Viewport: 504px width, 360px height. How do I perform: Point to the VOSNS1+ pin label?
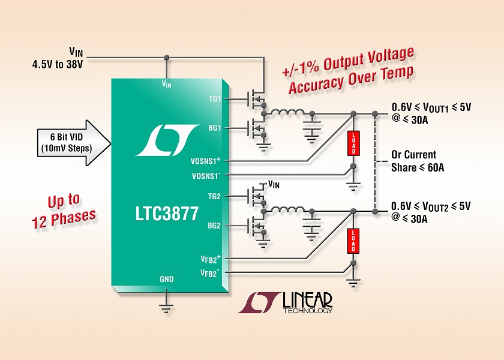coord(207,161)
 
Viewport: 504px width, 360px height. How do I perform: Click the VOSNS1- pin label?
coord(207,175)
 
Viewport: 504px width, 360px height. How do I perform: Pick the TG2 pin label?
coord(215,195)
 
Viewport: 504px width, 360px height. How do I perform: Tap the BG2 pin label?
coord(215,226)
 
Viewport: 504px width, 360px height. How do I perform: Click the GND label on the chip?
coord(167,279)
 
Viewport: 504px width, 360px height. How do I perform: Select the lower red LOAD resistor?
coord(354,239)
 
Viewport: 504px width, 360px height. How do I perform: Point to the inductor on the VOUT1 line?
coord(287,113)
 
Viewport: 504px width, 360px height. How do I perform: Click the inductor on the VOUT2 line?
coord(287,209)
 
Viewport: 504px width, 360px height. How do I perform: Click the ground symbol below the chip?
coord(166,307)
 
